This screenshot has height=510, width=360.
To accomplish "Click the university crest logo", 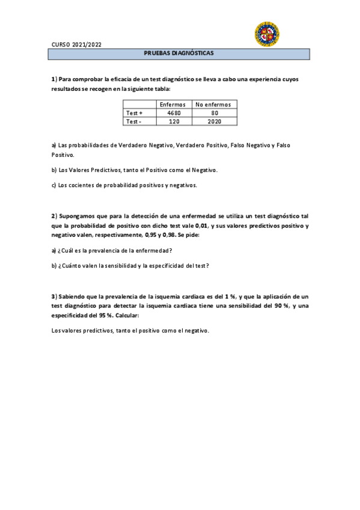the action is click(267, 34).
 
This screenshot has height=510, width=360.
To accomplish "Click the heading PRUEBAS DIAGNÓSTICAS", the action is click(179, 54).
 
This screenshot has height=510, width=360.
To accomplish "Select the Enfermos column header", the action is click(172, 105).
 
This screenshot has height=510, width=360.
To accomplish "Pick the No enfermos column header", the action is click(214, 105).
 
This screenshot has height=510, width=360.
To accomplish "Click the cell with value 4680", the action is click(173, 113).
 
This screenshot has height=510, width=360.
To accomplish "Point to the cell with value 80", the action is click(215, 113).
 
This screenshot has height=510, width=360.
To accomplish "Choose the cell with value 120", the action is click(173, 121).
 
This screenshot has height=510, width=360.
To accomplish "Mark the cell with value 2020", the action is click(215, 121).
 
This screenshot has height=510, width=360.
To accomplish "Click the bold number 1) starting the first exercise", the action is click(54, 79).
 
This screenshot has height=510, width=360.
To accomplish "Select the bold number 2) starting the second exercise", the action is click(54, 215).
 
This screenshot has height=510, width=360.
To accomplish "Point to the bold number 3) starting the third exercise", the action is click(54, 296).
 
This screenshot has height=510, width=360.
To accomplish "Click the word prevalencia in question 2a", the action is click(109, 250).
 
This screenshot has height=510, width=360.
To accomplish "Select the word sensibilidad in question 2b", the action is click(120, 265).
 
